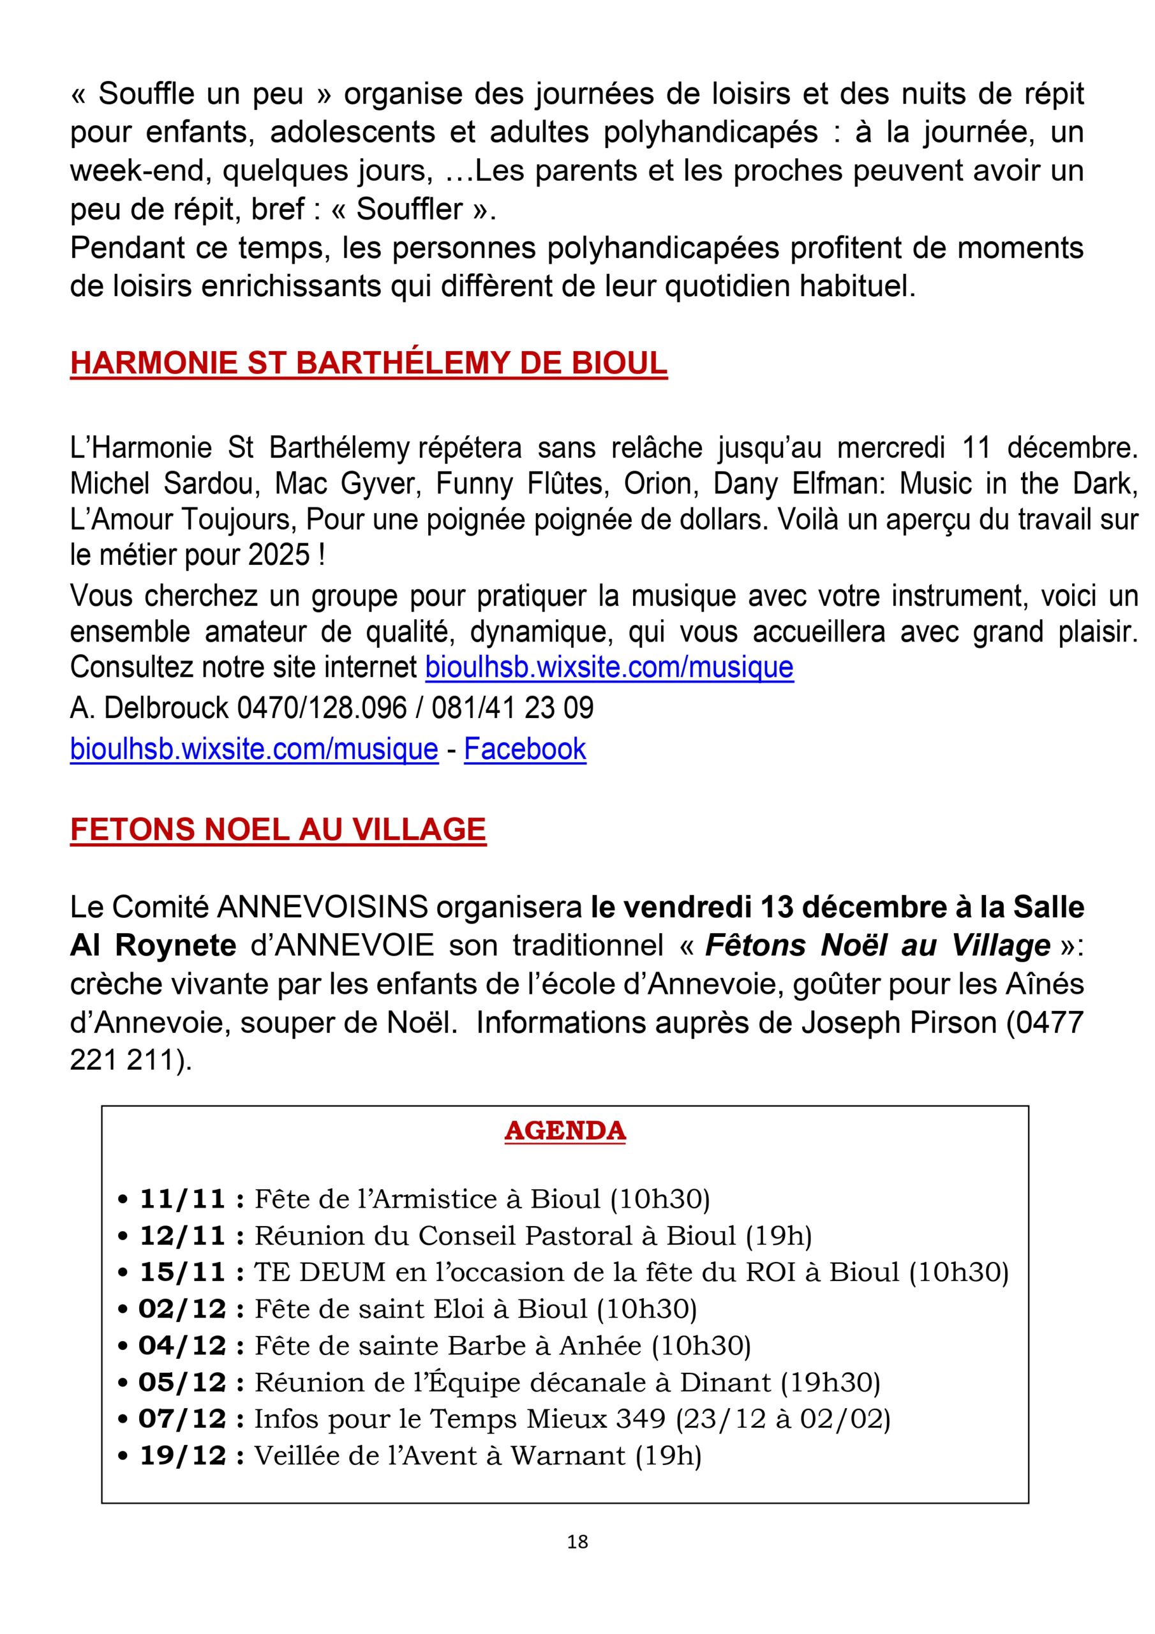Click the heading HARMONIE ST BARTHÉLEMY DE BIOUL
pyautogui.click(x=369, y=363)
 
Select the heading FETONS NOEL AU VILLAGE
pyautogui.click(x=278, y=829)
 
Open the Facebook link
pyautogui.click(x=525, y=749)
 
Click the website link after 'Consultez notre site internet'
pyautogui.click(x=609, y=667)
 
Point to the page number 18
pyautogui.click(x=577, y=1541)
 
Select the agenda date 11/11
pyautogui.click(x=182, y=1199)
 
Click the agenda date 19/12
pyautogui.click(x=182, y=1455)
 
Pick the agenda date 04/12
pyautogui.click(x=182, y=1345)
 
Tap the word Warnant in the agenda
pyautogui.click(x=569, y=1455)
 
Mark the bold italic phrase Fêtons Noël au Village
pyautogui.click(x=877, y=946)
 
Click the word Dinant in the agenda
pyautogui.click(x=725, y=1382)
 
